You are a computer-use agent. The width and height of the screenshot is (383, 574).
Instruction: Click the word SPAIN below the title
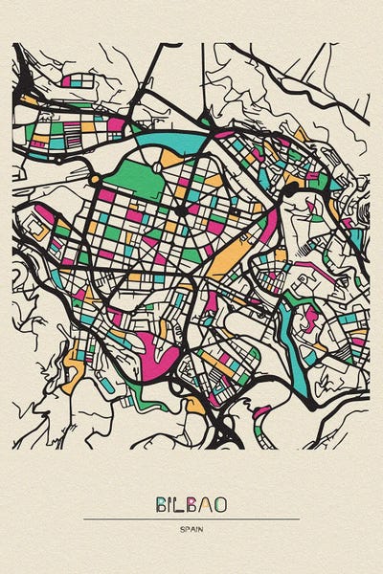pyautogui.click(x=191, y=529)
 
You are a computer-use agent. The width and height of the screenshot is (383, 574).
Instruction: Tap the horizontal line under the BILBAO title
pyautogui.click(x=191, y=519)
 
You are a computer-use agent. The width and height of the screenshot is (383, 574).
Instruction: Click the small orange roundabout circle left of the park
pyautogui.click(x=95, y=180)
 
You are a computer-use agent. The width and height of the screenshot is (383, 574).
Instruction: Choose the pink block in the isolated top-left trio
pyautogui.click(x=65, y=82)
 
